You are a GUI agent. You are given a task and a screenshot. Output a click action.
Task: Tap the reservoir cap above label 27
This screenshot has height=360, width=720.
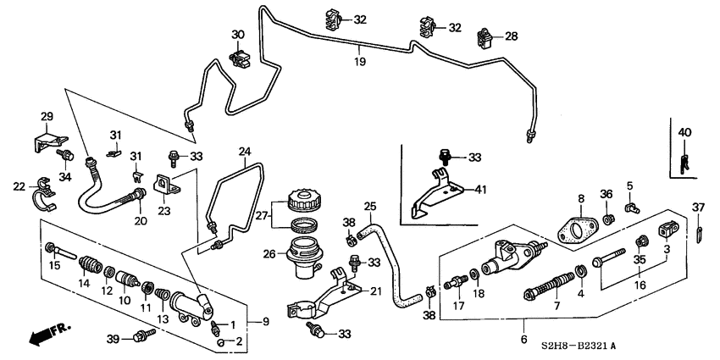click(303, 202)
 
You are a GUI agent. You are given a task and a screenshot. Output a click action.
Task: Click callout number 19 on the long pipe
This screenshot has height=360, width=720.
click(359, 62)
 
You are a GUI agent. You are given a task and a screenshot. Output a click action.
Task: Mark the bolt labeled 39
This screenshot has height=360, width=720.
click(138, 338)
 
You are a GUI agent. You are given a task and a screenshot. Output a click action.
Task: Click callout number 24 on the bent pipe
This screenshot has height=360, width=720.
click(244, 152)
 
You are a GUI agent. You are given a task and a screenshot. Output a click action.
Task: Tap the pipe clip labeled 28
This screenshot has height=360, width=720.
click(486, 37)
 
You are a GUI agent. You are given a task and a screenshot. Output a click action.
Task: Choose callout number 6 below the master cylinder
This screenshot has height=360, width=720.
click(524, 323)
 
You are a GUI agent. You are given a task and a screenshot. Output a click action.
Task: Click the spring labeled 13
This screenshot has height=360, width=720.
click(161, 299)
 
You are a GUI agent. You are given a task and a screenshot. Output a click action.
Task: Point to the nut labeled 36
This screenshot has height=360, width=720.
click(608, 221)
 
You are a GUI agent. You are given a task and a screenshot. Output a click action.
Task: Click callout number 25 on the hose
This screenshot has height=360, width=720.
click(369, 206)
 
